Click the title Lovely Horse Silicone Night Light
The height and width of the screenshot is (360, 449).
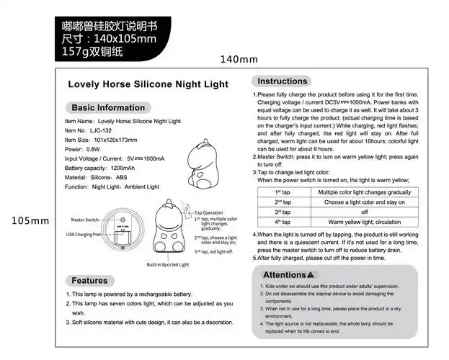[148, 84]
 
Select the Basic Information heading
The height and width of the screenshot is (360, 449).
[108, 107]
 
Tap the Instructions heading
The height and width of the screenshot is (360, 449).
[283, 81]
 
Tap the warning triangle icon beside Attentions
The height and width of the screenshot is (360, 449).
[310, 275]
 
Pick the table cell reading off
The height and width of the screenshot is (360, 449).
[363, 212]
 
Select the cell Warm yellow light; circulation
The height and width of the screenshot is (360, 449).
[363, 222]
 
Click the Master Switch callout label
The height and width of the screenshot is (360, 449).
[85, 219]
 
